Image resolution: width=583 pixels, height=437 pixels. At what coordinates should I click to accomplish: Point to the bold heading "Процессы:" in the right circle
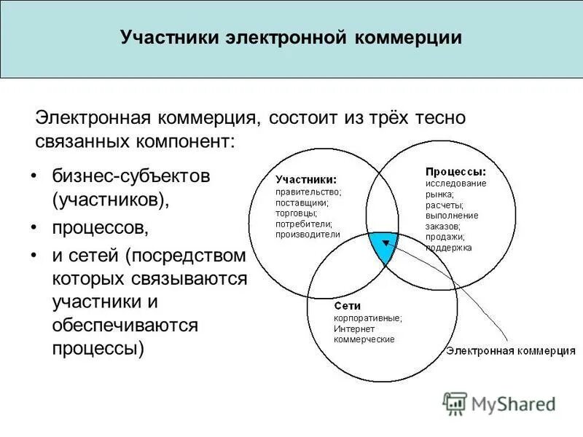(455, 172)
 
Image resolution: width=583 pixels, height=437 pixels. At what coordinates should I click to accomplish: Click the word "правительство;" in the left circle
(308, 192)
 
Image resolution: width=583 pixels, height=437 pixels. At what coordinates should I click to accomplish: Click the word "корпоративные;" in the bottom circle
(367, 318)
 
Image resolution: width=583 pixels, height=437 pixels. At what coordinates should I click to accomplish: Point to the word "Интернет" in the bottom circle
(353, 328)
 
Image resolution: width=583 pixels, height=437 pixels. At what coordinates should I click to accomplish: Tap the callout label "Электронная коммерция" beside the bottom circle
(510, 350)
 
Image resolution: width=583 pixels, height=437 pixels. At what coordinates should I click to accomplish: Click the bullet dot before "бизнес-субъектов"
(34, 176)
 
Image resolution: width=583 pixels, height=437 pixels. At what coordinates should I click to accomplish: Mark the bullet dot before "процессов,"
(34, 228)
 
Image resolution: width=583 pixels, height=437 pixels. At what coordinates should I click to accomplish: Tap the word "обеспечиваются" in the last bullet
(125, 325)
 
